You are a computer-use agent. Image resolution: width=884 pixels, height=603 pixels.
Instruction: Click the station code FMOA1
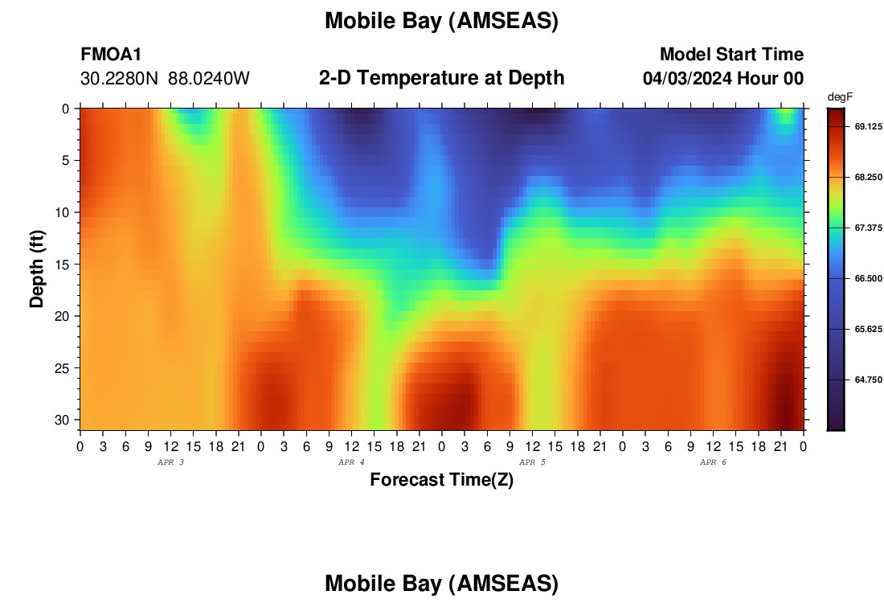coord(111,54)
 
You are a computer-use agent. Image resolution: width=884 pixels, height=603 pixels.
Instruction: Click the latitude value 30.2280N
coord(119,78)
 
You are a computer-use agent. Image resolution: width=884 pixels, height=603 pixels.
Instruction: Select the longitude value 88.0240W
coord(209,78)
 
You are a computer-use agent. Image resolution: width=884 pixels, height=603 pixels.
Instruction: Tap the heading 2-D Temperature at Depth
coord(441,78)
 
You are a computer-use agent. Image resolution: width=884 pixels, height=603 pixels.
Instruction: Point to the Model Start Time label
coord(731,54)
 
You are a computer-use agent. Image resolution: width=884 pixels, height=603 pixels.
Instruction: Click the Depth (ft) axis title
coord(37,269)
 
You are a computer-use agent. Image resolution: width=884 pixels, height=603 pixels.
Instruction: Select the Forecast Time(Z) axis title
coord(441,479)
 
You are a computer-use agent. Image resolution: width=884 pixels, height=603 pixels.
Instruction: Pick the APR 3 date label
coord(170,462)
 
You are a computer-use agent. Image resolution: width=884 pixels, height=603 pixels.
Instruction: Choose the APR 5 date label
coord(532,462)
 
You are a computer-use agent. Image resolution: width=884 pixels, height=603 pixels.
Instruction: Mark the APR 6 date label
coord(713,462)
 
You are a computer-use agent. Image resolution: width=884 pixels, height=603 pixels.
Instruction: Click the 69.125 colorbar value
coord(868,126)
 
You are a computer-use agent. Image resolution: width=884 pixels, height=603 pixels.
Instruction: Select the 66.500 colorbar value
coord(868,279)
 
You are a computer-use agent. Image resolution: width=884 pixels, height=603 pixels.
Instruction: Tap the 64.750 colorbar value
coord(868,379)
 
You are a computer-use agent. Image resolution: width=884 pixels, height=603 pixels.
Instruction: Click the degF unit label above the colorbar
coord(840,97)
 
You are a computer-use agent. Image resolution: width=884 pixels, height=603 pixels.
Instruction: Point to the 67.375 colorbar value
coord(868,228)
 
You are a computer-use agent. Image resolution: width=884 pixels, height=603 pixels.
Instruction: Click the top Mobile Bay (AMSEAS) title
coord(441,21)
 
